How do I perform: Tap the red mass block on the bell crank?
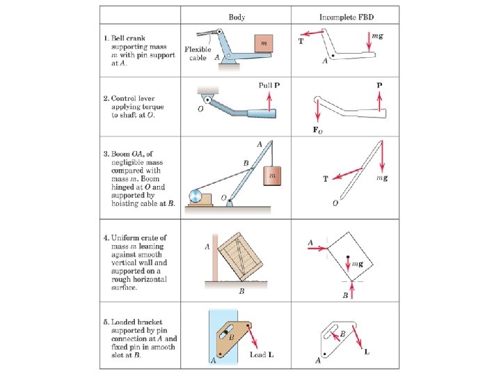[x=262, y=43]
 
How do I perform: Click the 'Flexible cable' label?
[x=198, y=53]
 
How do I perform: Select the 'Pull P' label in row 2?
[x=269, y=85]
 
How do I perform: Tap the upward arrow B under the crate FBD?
[x=353, y=289]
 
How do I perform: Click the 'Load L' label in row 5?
[x=262, y=354]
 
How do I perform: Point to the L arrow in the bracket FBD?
[x=360, y=338]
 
